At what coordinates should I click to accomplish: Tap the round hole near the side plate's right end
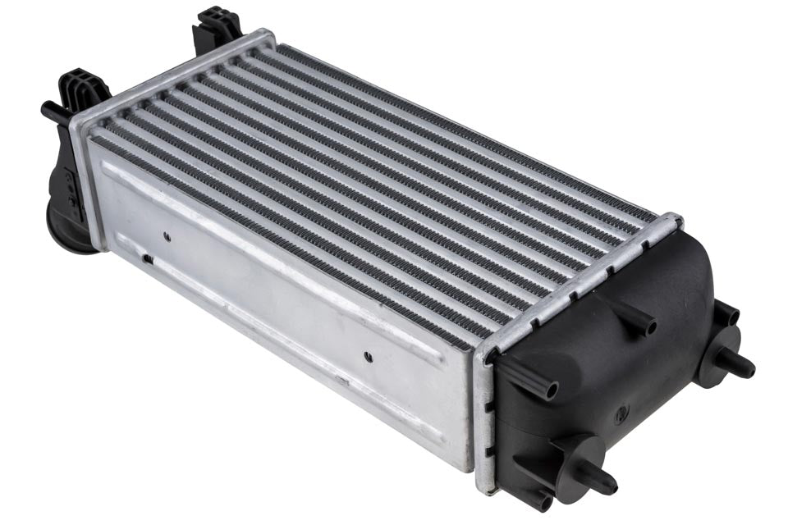tap(367, 357)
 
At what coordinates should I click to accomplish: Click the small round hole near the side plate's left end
tap(167, 235)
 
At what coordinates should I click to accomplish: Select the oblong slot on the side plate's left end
tap(148, 258)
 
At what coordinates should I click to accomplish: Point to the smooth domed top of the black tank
tap(657, 271)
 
